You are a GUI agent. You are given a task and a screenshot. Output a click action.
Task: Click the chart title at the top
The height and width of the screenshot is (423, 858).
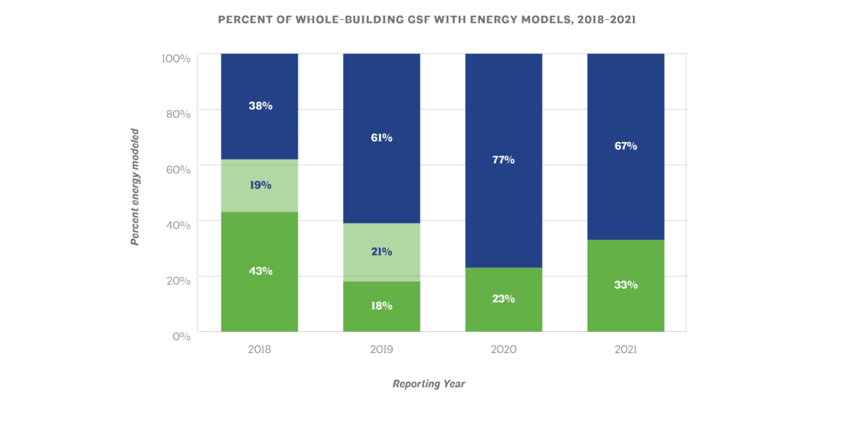point(426,20)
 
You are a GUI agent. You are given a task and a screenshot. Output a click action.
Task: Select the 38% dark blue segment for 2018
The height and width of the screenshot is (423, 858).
point(259,106)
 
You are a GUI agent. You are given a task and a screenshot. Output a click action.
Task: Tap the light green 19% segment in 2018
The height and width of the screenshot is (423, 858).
point(259,185)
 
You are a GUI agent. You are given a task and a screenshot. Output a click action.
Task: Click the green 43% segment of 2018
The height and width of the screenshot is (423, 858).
point(259,271)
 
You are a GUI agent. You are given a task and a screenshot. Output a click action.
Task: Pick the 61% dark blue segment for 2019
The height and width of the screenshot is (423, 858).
point(381,138)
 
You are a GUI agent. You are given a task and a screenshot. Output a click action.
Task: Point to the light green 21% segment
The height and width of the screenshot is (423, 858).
point(381,252)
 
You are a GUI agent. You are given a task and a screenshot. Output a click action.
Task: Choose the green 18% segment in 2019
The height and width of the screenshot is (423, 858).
point(381,306)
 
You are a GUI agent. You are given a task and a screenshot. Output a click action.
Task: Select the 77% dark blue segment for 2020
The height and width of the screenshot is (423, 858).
point(504,160)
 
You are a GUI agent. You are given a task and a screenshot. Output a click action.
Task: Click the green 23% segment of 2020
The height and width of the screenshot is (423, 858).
point(504,299)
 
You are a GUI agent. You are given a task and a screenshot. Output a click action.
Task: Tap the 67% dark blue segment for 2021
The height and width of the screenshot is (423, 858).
point(626,146)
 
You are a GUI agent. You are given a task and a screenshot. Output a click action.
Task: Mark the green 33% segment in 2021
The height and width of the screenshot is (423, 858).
point(626,285)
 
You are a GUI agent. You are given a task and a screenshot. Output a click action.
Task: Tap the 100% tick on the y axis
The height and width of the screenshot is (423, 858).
point(176,58)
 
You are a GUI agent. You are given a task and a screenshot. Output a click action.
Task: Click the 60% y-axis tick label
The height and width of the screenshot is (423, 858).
point(178,169)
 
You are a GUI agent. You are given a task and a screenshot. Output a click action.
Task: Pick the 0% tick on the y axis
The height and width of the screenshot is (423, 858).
point(181,336)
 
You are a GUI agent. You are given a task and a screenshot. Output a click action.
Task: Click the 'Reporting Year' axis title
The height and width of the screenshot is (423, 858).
point(428,384)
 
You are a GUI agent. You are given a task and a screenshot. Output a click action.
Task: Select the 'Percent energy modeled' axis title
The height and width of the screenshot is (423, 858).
point(135,187)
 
